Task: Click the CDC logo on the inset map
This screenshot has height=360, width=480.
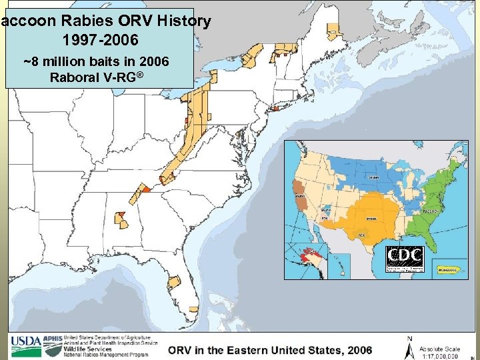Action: pos(404,259)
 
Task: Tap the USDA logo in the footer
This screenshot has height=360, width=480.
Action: pos(25,345)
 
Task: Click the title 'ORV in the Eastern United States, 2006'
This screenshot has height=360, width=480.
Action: pos(270,350)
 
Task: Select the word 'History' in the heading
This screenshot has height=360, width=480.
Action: pos(185,21)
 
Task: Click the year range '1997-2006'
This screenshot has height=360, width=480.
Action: pos(100,40)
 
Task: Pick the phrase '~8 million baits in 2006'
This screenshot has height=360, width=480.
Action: pos(97,62)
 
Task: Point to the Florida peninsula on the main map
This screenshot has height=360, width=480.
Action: pos(190,293)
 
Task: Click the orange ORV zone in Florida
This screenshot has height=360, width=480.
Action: pos(174,281)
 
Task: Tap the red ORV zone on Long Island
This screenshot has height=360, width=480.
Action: pos(274,108)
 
